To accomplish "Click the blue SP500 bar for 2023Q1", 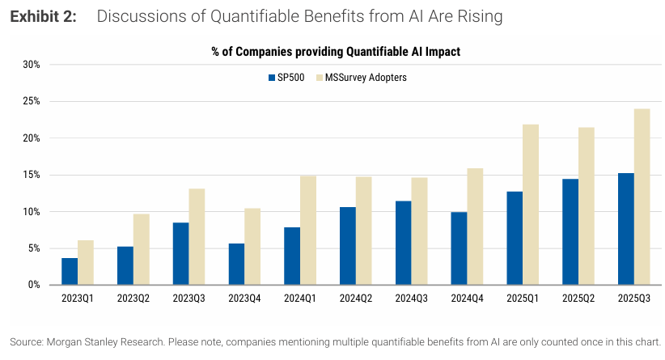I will click(70, 272).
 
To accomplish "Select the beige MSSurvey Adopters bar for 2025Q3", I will click(642, 197).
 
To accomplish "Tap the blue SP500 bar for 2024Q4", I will click(459, 248).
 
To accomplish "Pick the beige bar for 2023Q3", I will click(197, 236).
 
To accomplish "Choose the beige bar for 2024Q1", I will click(308, 231).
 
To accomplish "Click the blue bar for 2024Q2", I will click(348, 246).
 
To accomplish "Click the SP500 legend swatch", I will click(271, 78).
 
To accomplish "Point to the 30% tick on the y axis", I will click(32, 65).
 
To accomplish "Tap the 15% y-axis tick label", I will click(32, 175).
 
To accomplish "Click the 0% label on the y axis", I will click(35, 285).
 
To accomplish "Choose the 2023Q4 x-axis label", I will click(245, 299).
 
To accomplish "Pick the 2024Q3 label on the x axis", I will click(412, 299).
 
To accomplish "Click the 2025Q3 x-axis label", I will click(634, 299).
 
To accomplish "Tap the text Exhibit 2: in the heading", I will click(43, 17).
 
